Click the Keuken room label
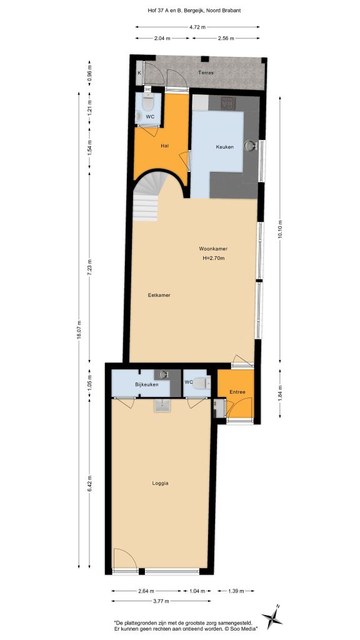tap(224, 147)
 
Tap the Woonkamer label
tap(213, 249)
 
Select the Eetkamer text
tap(159, 295)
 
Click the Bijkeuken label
tap(146, 384)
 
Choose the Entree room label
tap(237, 392)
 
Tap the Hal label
tap(165, 145)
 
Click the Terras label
tap(206, 72)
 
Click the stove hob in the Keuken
tap(227, 102)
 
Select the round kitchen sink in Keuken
tap(250, 146)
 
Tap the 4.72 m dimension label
tap(197, 27)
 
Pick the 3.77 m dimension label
tap(161, 601)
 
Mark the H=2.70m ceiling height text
tap(214, 257)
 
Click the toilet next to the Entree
tap(202, 384)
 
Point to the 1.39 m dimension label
tap(236, 591)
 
